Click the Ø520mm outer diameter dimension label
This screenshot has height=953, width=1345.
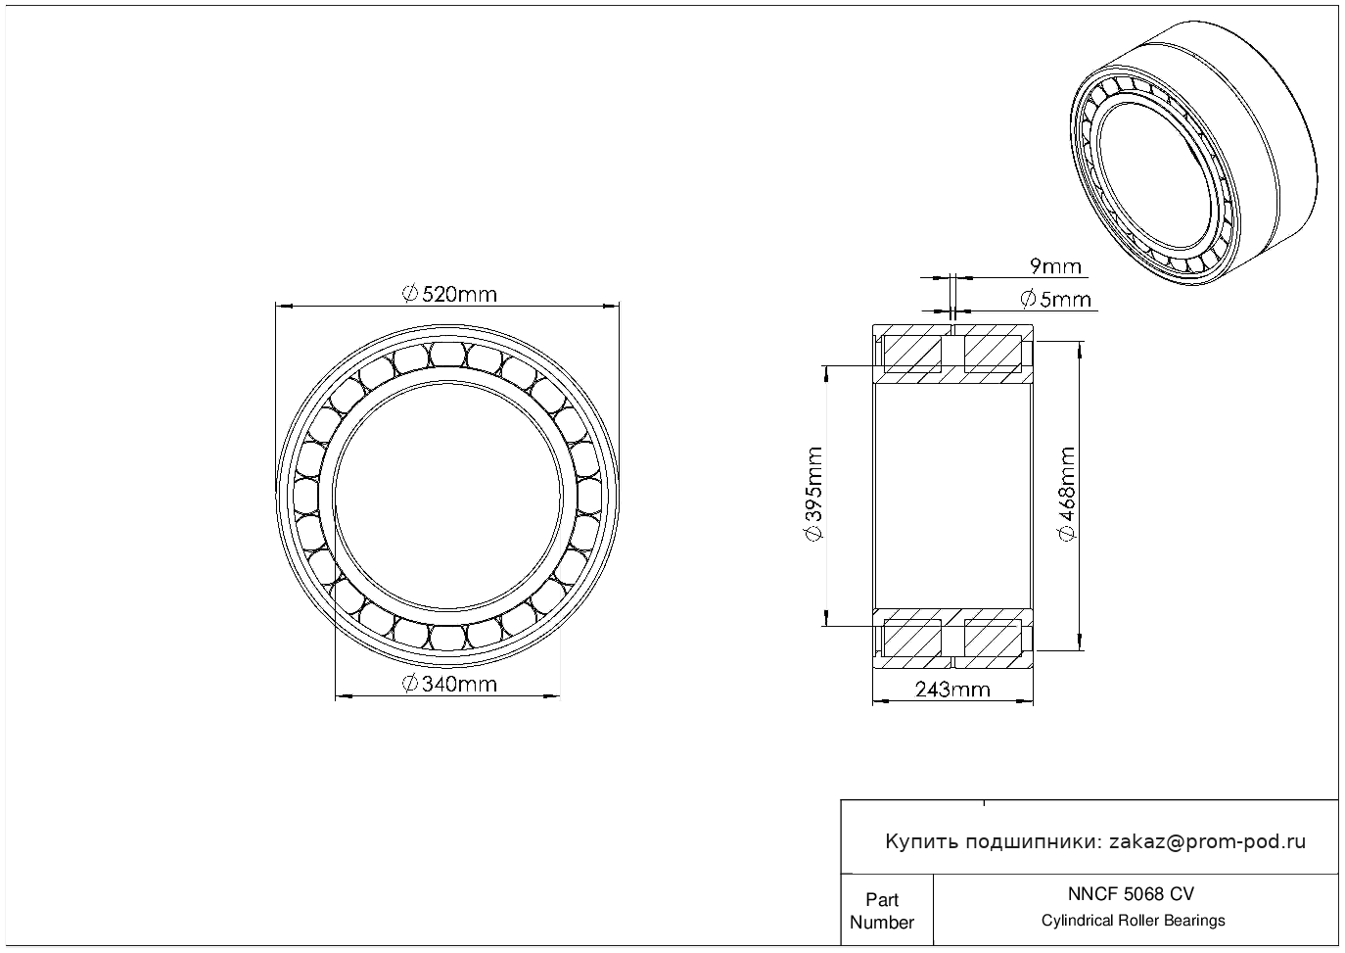[449, 295]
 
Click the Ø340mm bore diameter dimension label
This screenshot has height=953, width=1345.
[449, 684]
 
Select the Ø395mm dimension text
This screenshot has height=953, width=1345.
[813, 494]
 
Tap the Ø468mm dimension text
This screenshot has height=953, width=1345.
[1067, 494]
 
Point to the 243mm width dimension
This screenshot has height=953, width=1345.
[952, 690]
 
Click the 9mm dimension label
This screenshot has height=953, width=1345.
[1055, 266]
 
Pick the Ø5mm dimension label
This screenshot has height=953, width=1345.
[1055, 300]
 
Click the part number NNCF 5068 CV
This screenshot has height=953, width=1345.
[1132, 894]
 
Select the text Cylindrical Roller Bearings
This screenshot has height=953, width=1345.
[1133, 921]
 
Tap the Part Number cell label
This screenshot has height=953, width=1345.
[881, 911]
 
